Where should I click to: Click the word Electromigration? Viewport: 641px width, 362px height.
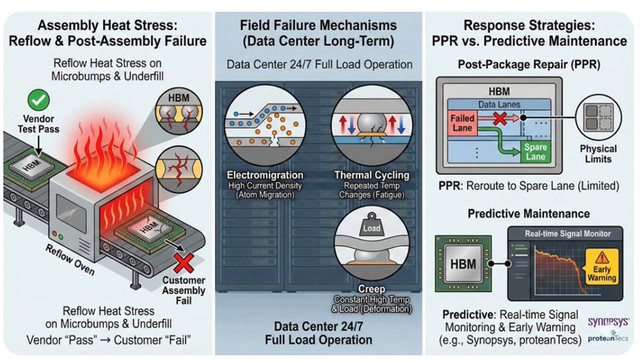point(265,175)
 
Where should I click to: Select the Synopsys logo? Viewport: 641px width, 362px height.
point(608,322)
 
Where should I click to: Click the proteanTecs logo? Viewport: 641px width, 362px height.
point(608,338)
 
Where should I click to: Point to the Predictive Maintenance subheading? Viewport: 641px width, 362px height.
point(528,214)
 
